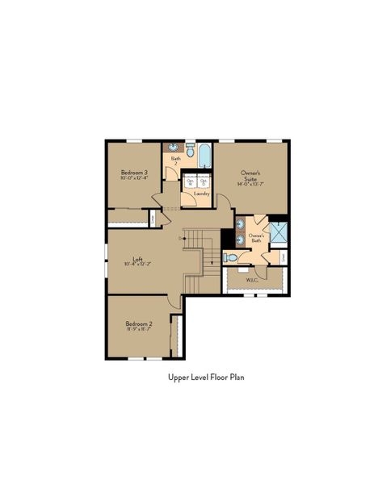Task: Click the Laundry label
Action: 202,194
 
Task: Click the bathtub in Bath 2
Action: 204,153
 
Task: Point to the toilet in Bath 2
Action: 190,149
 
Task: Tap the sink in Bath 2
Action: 173,147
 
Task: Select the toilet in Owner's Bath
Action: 230,258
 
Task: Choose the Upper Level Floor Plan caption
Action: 206,376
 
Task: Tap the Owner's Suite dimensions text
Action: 251,185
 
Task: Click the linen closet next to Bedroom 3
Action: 153,218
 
